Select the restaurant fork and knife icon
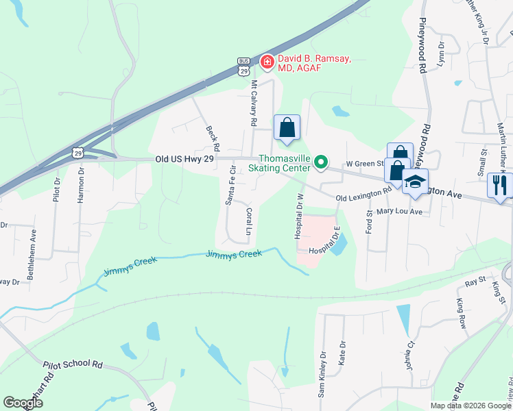tap(500, 185)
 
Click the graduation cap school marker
tap(415, 183)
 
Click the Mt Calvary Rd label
tap(254, 103)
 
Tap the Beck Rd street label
tap(213, 138)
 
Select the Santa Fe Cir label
tap(231, 185)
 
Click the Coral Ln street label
tap(250, 222)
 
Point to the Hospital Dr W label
tap(299, 216)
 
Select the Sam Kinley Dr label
tap(320, 375)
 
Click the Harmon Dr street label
tap(80, 184)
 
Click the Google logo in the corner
tap(23, 403)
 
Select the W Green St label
tap(364, 164)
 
